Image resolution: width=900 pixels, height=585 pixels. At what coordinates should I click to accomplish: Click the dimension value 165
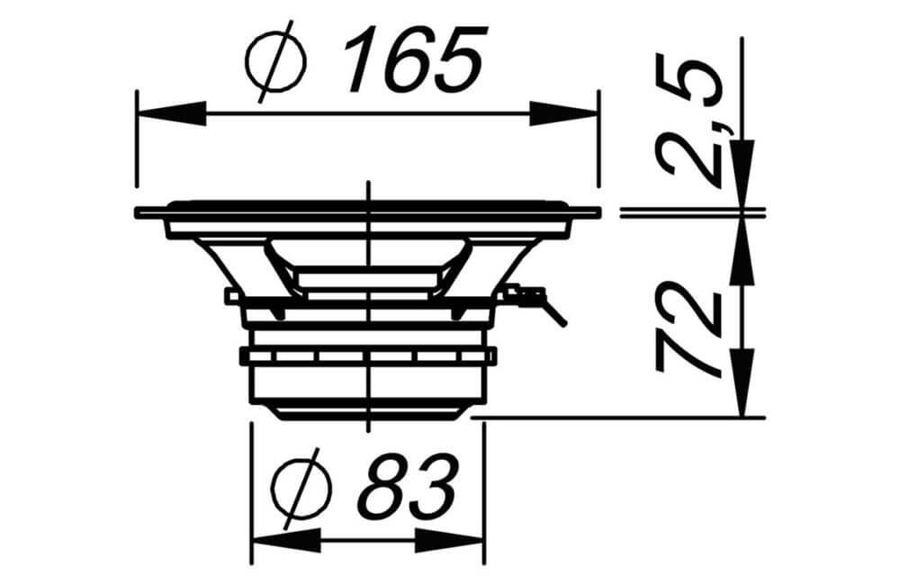click(413, 59)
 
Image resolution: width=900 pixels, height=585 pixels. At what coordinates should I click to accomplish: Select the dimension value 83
click(408, 486)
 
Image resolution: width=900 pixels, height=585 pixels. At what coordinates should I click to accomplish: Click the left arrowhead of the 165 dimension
click(172, 113)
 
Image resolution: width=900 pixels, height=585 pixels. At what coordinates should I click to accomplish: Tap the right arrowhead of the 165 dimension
click(563, 113)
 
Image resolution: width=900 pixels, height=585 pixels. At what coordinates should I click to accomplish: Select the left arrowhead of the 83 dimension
click(287, 541)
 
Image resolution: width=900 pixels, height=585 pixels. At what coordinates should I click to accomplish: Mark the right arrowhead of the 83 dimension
click(450, 541)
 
